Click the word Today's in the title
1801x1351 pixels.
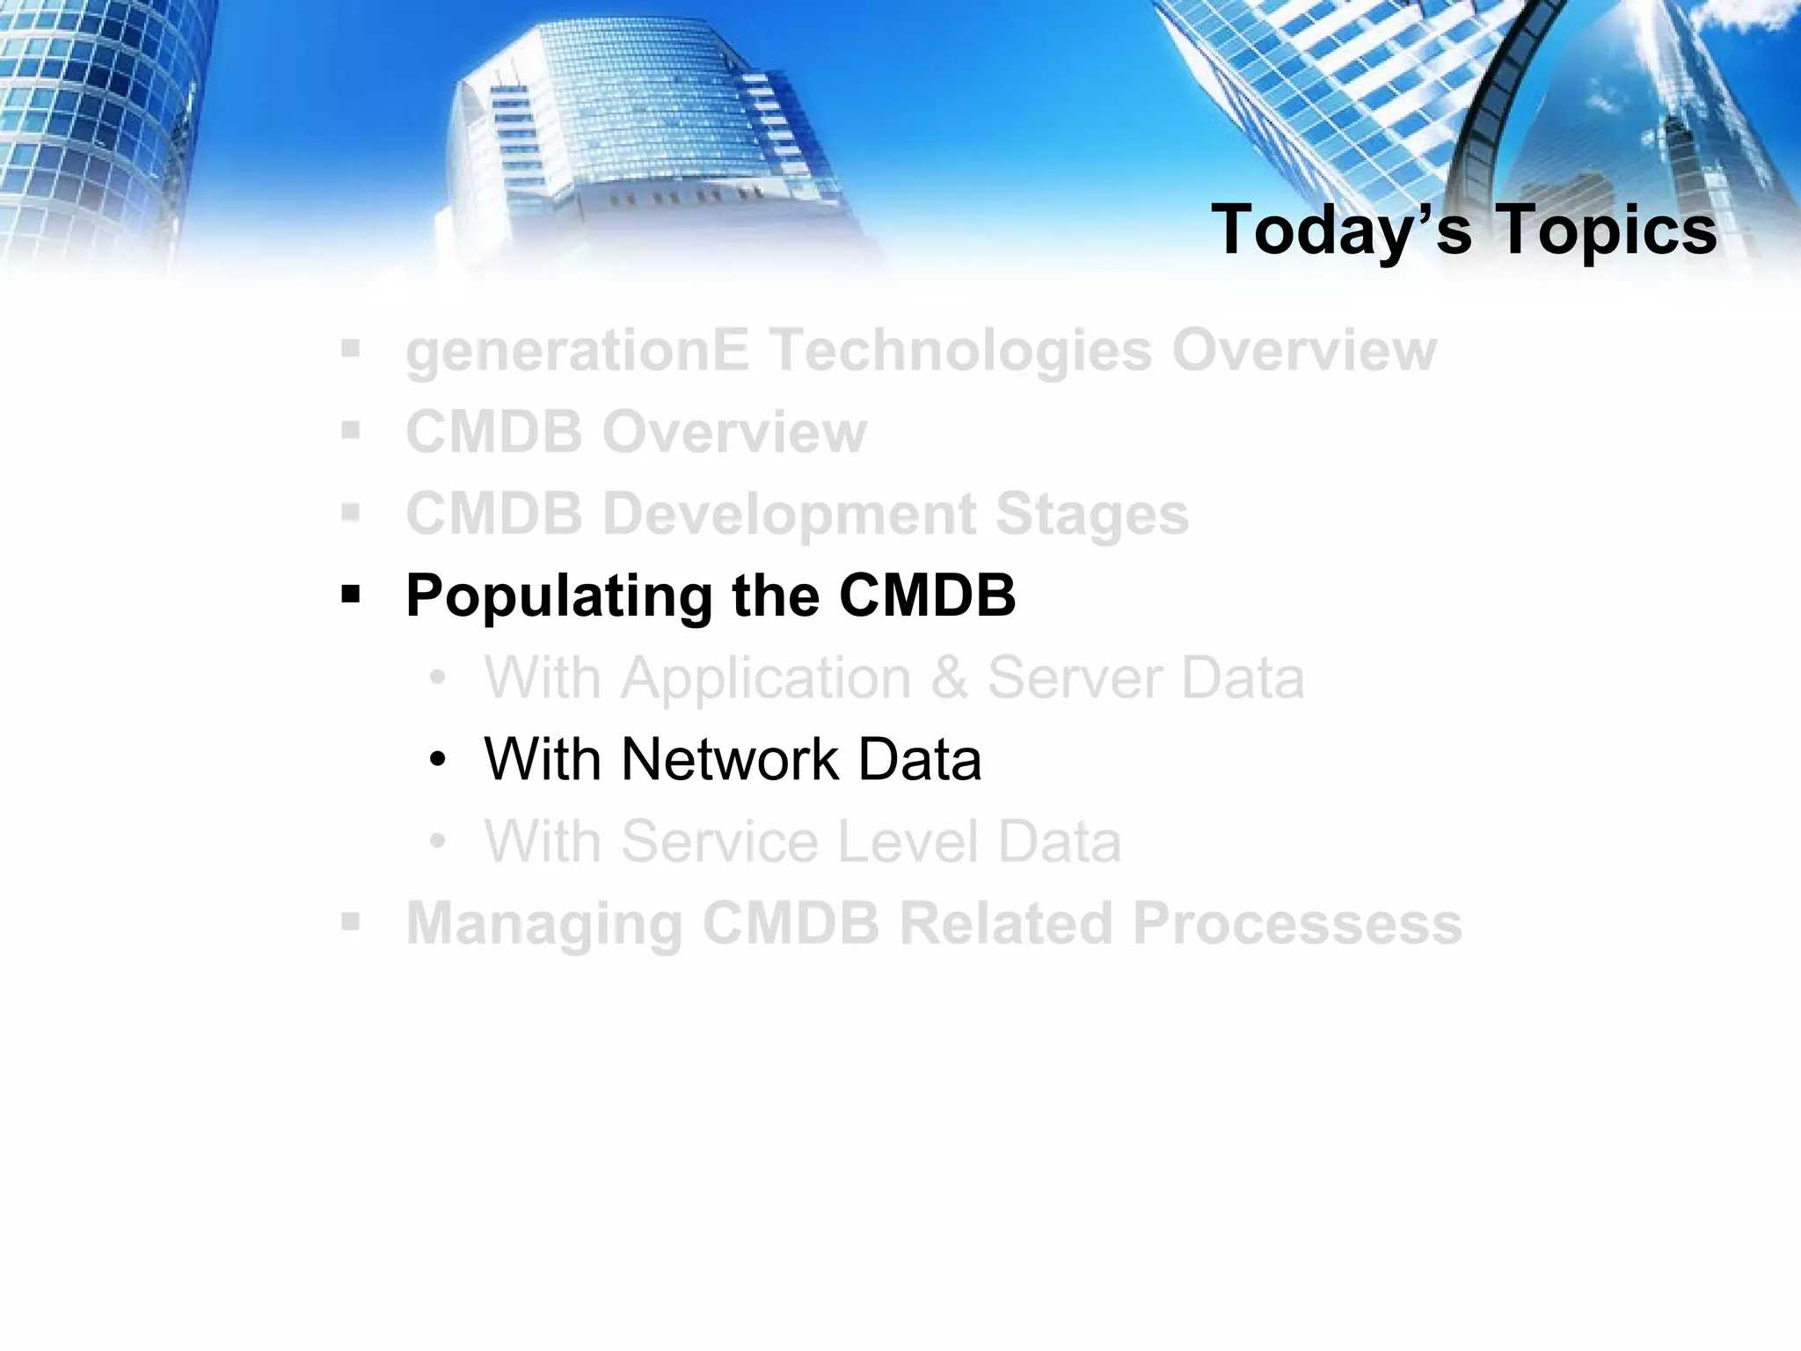tap(1340, 230)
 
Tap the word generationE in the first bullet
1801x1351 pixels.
tap(577, 350)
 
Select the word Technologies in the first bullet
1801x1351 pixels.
tap(960, 350)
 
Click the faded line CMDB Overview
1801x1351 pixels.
tap(636, 432)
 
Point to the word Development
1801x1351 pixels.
tap(788, 515)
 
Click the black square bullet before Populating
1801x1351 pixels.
tap(351, 596)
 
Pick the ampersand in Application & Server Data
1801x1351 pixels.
tap(949, 678)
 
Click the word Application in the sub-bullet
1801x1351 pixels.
tap(766, 678)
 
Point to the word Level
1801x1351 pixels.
tap(906, 842)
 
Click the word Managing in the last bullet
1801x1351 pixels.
tap(543, 924)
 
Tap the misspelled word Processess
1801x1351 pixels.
tap(1297, 924)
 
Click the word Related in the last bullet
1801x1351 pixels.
tap(1005, 924)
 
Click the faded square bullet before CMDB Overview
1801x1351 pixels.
tap(351, 432)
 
